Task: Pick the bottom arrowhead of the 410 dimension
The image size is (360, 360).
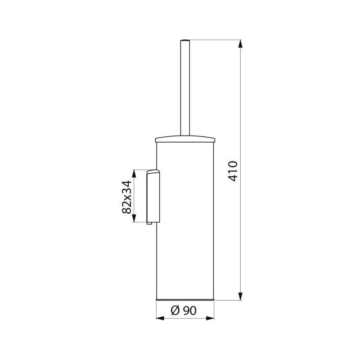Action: [241, 296]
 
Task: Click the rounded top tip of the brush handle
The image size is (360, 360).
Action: [185, 40]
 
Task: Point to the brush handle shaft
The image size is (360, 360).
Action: [185, 90]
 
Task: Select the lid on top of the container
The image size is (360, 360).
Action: [185, 139]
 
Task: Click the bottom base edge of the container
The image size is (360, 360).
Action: [185, 300]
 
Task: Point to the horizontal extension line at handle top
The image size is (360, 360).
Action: [216, 40]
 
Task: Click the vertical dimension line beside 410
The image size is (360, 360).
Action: [241, 112]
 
